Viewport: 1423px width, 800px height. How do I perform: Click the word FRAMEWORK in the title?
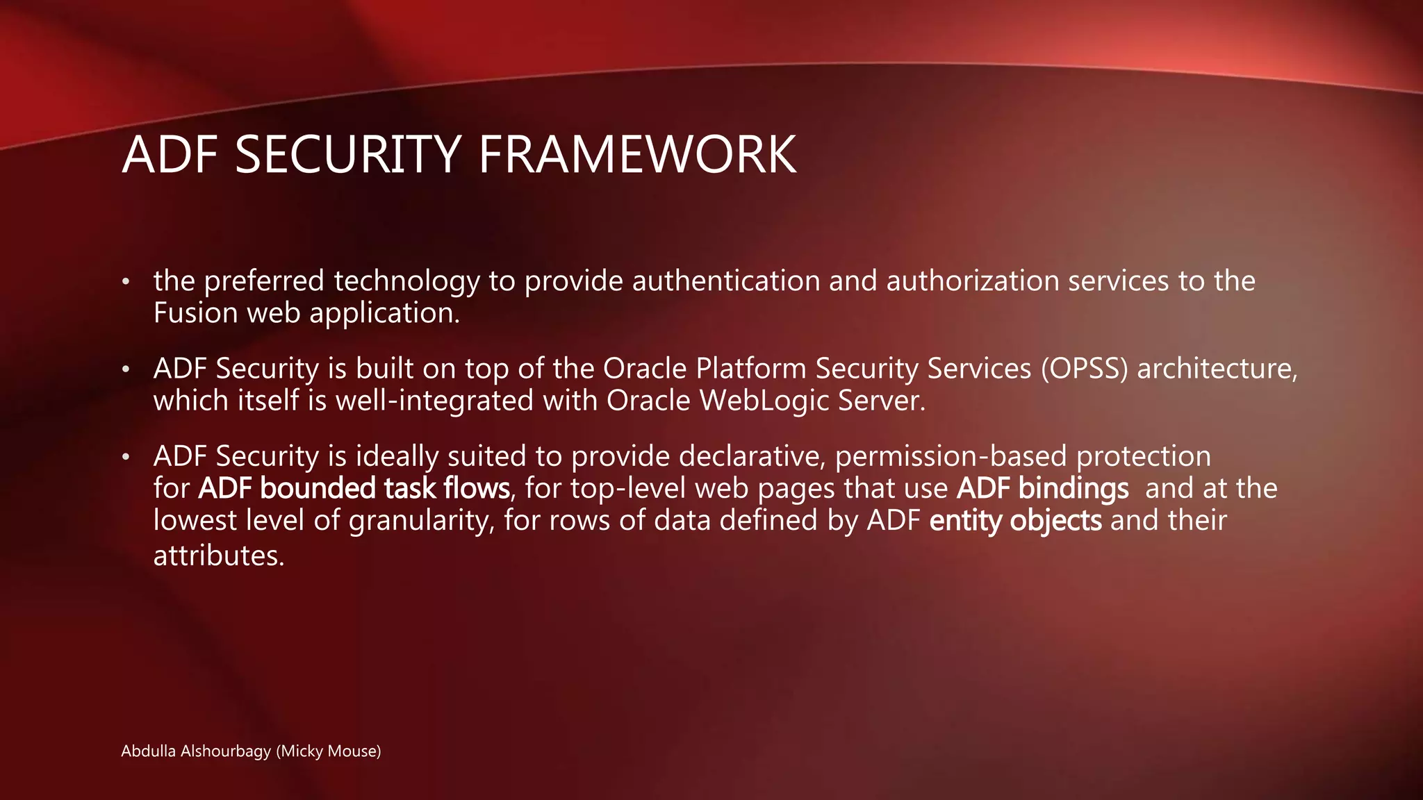click(x=637, y=154)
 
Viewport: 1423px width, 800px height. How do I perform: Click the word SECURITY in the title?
click(x=347, y=154)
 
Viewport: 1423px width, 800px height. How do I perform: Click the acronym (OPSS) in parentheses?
click(x=1084, y=369)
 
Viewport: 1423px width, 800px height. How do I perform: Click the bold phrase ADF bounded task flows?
click(x=354, y=488)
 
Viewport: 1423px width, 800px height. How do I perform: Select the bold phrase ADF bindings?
click(x=1042, y=488)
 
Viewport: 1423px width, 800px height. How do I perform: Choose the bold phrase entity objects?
click(x=1015, y=520)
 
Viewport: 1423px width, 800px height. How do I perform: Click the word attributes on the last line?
click(x=219, y=556)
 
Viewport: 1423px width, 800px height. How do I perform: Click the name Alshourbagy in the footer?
click(x=226, y=751)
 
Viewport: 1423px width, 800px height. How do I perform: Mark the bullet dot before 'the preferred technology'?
click(x=126, y=283)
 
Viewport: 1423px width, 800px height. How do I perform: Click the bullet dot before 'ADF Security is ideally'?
click(x=126, y=458)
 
